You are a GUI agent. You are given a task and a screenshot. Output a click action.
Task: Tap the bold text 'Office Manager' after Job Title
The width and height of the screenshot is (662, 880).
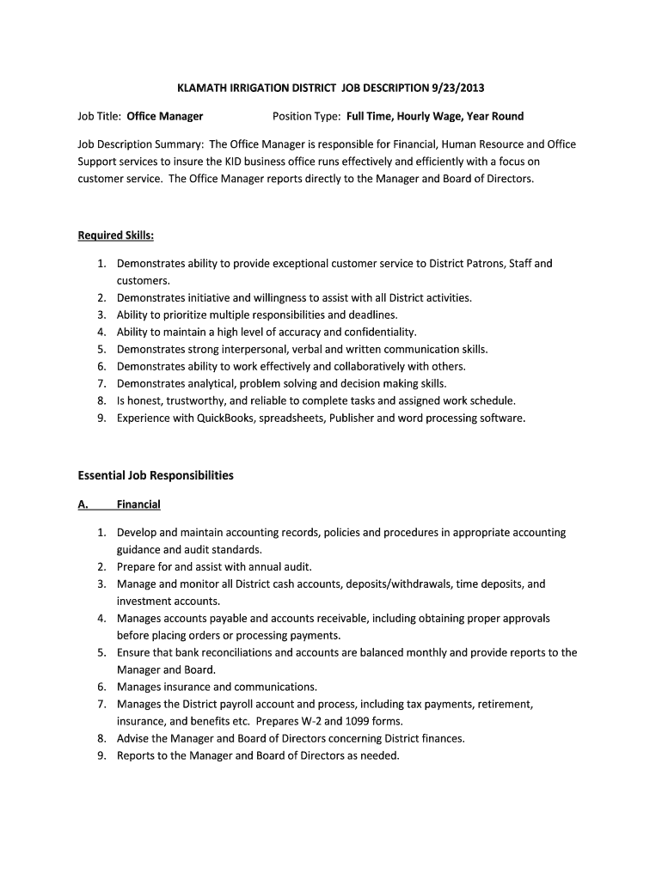pos(165,116)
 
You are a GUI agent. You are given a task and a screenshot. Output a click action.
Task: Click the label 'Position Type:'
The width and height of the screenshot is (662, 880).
pos(307,116)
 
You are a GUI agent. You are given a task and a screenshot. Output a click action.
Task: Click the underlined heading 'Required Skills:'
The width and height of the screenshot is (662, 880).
pos(116,235)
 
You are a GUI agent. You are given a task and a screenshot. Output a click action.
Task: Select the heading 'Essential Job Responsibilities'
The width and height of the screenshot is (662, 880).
pos(156,474)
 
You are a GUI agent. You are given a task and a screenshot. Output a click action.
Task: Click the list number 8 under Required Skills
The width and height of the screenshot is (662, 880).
pos(101,400)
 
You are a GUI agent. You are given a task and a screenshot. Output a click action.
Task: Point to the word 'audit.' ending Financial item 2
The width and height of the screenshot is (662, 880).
pos(295,566)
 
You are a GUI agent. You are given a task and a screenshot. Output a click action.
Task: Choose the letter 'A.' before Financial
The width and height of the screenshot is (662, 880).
pos(83,504)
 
